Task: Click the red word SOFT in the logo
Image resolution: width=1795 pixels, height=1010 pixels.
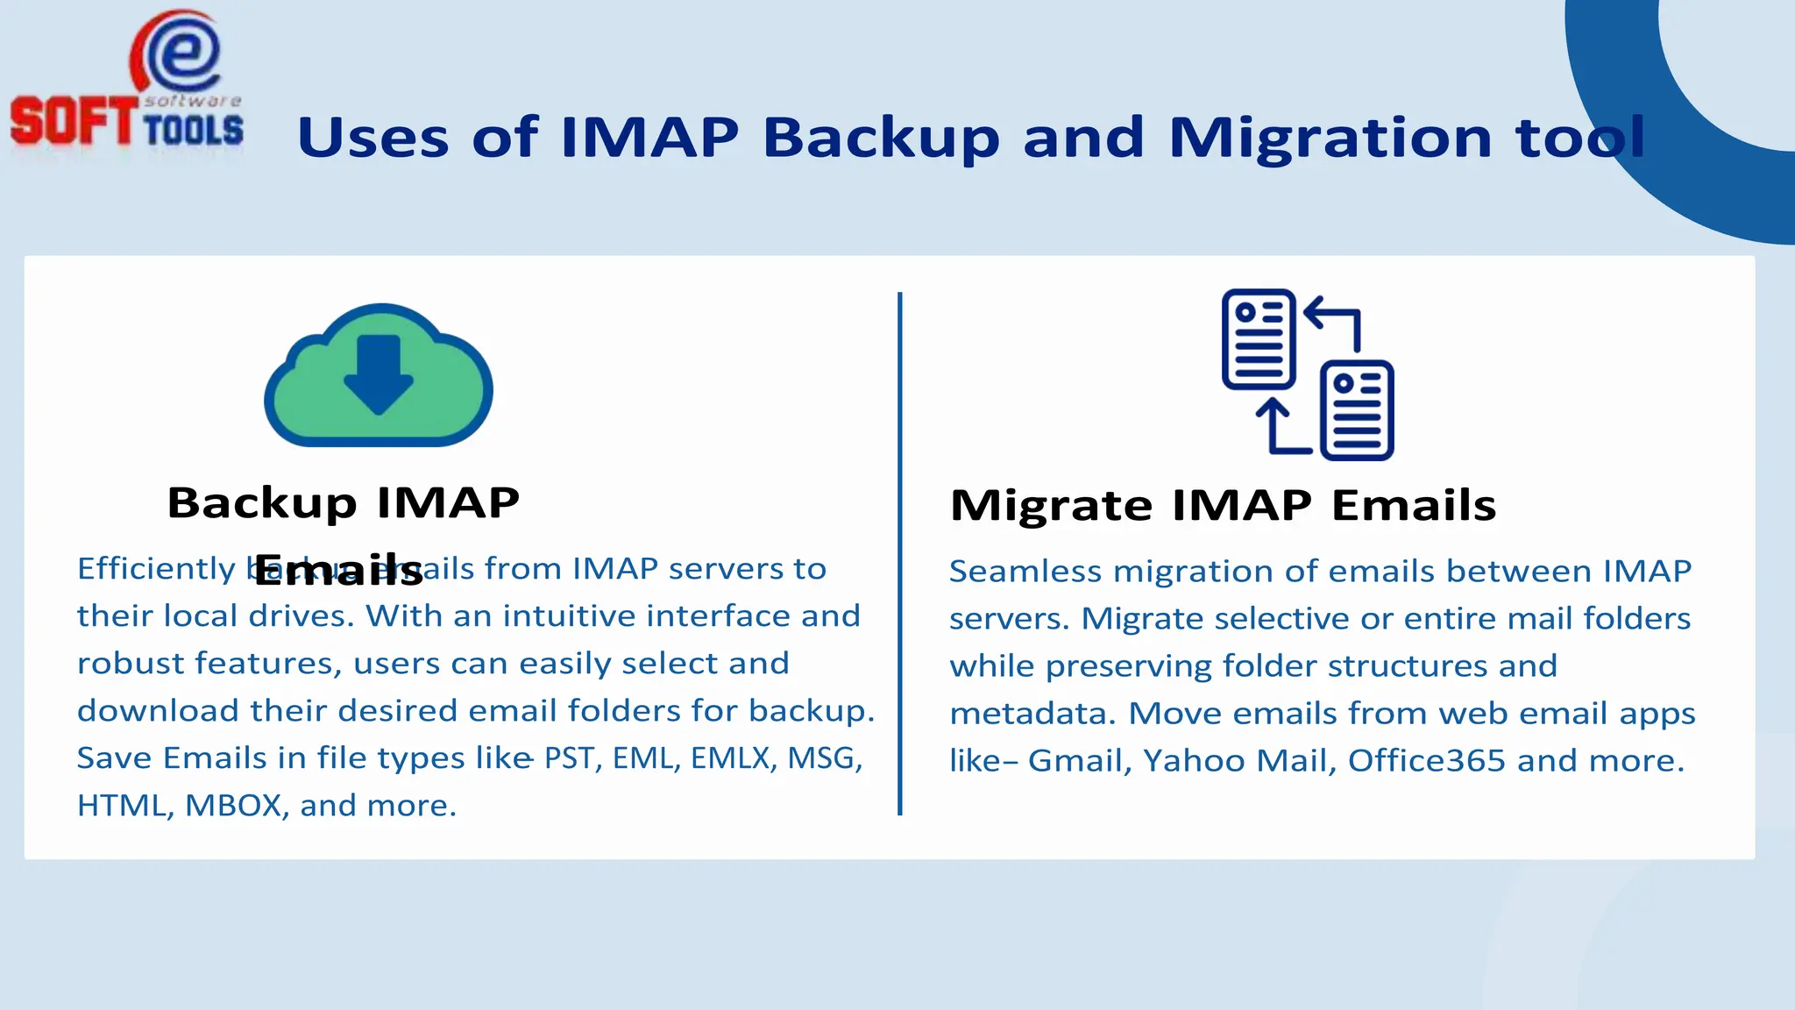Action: click(x=74, y=121)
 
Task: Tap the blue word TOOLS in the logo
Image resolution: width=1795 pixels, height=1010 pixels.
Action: click(x=193, y=130)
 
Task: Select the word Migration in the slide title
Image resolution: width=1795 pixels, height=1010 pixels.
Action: click(x=1330, y=138)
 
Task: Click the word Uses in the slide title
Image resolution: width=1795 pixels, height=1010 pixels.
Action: click(x=372, y=138)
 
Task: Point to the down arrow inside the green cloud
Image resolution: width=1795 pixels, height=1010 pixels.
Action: click(x=379, y=373)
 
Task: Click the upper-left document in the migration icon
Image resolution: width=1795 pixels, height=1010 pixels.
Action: click(x=1259, y=338)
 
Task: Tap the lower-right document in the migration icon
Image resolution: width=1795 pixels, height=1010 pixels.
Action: click(x=1357, y=410)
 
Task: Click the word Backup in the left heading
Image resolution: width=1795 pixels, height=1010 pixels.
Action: click(x=261, y=503)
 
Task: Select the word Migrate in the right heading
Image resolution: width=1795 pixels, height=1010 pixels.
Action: click(x=1050, y=506)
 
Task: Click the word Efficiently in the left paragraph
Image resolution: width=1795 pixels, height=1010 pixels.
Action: click(x=156, y=569)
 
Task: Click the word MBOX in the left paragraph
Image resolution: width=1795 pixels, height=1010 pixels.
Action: click(x=235, y=806)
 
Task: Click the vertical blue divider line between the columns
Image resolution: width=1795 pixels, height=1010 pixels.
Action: click(x=899, y=552)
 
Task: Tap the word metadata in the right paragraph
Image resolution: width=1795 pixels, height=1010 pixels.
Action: click(x=1032, y=714)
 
